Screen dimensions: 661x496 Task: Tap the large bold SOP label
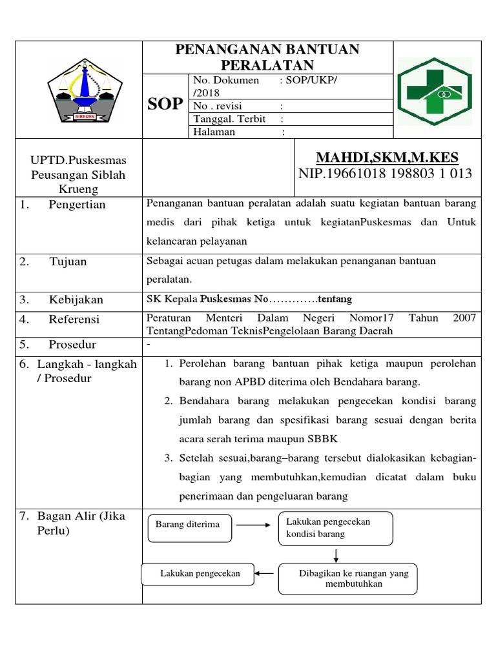(165, 105)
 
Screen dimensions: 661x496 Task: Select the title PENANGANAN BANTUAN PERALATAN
(267, 57)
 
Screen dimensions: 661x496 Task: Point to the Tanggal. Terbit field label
(229, 119)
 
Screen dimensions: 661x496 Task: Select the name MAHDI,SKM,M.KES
(387, 158)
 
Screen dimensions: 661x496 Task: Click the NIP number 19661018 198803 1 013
(386, 174)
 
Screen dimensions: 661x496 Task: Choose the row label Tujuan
(68, 261)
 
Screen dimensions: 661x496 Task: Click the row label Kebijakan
(76, 300)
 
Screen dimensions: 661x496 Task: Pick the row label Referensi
(74, 319)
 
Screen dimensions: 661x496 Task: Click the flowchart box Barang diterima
(187, 524)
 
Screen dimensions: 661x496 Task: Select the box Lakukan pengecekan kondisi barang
(335, 528)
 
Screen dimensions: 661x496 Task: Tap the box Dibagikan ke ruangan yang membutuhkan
(347, 578)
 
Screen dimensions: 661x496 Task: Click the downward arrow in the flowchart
(336, 555)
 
